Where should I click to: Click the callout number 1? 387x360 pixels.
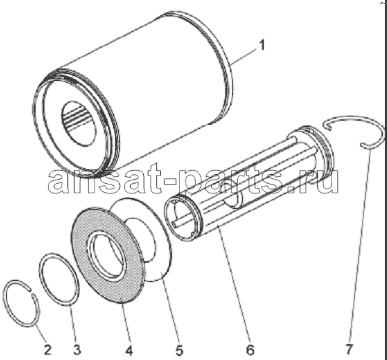point(262,45)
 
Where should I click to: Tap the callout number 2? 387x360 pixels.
point(47,350)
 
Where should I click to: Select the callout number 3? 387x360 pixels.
point(77,350)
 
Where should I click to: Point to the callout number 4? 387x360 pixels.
point(129,350)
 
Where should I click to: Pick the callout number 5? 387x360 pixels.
point(179,350)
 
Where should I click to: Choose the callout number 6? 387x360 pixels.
point(250,350)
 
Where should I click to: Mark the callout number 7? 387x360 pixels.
point(349,350)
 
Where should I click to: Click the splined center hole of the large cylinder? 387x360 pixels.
point(79,123)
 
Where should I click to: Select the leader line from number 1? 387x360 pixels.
point(243,57)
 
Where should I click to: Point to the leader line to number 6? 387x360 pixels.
point(235,281)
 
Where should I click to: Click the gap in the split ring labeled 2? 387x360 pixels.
point(32,291)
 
